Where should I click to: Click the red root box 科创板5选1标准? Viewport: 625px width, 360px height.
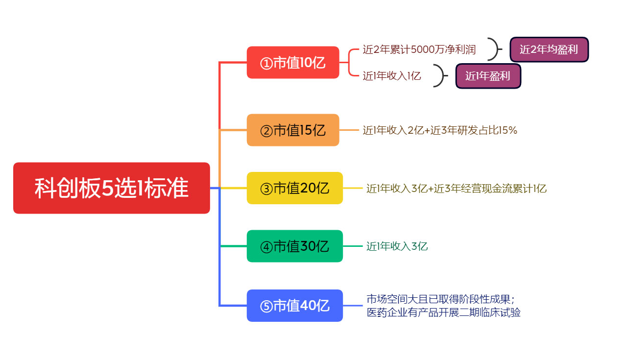pos(112,188)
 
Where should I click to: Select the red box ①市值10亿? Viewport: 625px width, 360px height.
pos(293,63)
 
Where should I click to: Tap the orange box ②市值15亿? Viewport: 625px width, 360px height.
pos(293,130)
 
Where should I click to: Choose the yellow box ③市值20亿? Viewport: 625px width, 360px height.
pos(295,188)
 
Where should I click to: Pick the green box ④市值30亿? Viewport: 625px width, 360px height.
pos(295,246)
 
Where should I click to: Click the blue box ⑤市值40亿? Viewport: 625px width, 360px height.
pos(295,306)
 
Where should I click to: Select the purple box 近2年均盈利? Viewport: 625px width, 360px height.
pos(549,49)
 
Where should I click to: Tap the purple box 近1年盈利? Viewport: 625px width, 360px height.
pos(488,76)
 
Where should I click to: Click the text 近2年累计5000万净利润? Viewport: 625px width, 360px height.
pos(419,49)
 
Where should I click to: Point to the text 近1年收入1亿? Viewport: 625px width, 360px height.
pos(392,76)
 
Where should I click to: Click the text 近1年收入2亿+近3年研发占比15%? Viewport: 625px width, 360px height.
pos(440,130)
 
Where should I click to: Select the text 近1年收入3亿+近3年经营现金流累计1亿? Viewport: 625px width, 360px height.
pos(456,189)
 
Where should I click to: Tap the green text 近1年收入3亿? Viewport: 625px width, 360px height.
pos(397,246)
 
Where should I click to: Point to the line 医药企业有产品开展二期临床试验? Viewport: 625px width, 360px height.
pos(444,312)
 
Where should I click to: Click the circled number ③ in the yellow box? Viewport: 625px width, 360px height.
pos(266,189)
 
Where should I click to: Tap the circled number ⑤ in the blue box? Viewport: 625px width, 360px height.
pos(266,307)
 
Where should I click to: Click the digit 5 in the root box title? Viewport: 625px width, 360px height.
pos(107,188)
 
